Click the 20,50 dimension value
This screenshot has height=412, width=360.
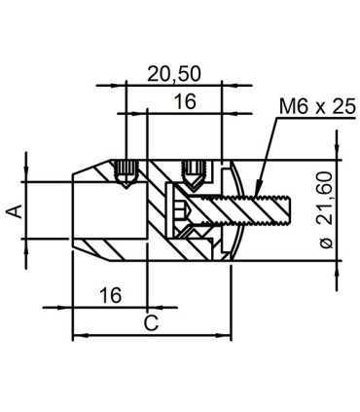[x=175, y=74]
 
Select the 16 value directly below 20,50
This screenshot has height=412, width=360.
[x=185, y=101]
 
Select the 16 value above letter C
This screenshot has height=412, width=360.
[x=112, y=294]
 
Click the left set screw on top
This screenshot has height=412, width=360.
[x=124, y=173]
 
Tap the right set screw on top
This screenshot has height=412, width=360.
[x=195, y=173]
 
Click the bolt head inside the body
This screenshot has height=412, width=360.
[x=180, y=210]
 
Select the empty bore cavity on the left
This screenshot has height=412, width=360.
[x=107, y=211]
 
